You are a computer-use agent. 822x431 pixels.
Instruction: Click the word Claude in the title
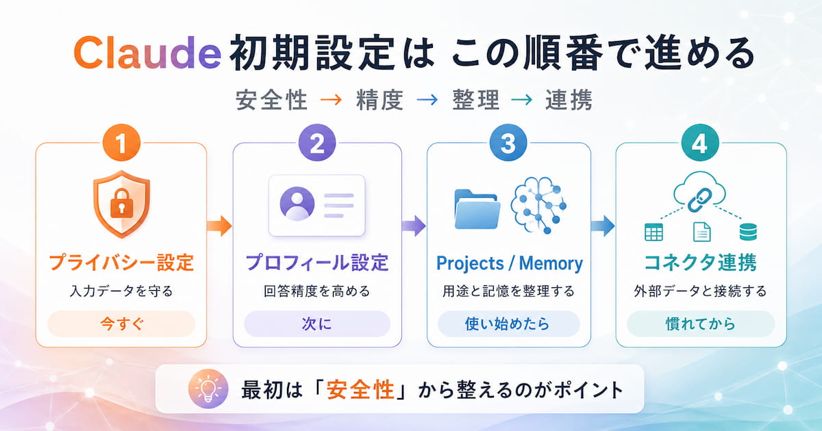pyautogui.click(x=147, y=53)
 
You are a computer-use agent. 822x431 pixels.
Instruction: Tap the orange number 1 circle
pyautogui.click(x=121, y=143)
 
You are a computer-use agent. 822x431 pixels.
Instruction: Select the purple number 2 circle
pyautogui.click(x=317, y=143)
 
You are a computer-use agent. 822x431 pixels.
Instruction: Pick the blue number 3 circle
pyautogui.click(x=508, y=143)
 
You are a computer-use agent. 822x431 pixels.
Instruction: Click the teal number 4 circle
pyautogui.click(x=700, y=143)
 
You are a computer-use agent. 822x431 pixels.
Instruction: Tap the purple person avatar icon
pyautogui.click(x=297, y=204)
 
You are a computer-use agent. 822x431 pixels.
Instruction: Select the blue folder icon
pyautogui.click(x=477, y=209)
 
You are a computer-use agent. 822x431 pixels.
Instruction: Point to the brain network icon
pyautogui.click(x=538, y=205)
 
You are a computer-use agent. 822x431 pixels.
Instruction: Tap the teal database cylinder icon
pyautogui.click(x=748, y=232)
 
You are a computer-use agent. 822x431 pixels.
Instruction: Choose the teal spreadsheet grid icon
pyautogui.click(x=653, y=233)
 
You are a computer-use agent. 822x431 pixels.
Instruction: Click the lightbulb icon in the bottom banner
pyautogui.click(x=208, y=389)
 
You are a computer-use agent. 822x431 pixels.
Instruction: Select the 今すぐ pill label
pyautogui.click(x=121, y=324)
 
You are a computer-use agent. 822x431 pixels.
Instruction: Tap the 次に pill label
pyautogui.click(x=317, y=324)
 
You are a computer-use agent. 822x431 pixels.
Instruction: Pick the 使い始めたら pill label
pyautogui.click(x=508, y=324)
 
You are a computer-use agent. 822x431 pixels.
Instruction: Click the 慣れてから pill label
pyautogui.click(x=700, y=324)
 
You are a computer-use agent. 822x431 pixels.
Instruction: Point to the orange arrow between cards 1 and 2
pyautogui.click(x=219, y=226)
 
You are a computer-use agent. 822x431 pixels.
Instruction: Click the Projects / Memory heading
pyautogui.click(x=510, y=263)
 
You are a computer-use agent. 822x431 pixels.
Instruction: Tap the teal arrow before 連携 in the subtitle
pyautogui.click(x=521, y=100)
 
